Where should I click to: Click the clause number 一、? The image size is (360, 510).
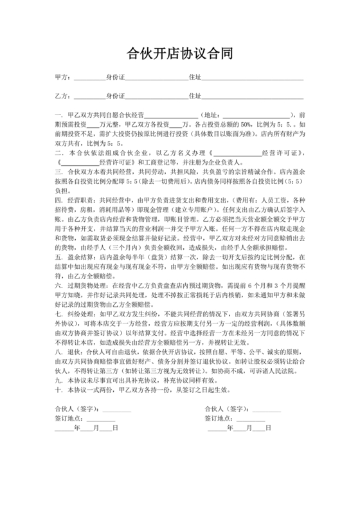pos(59,113)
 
